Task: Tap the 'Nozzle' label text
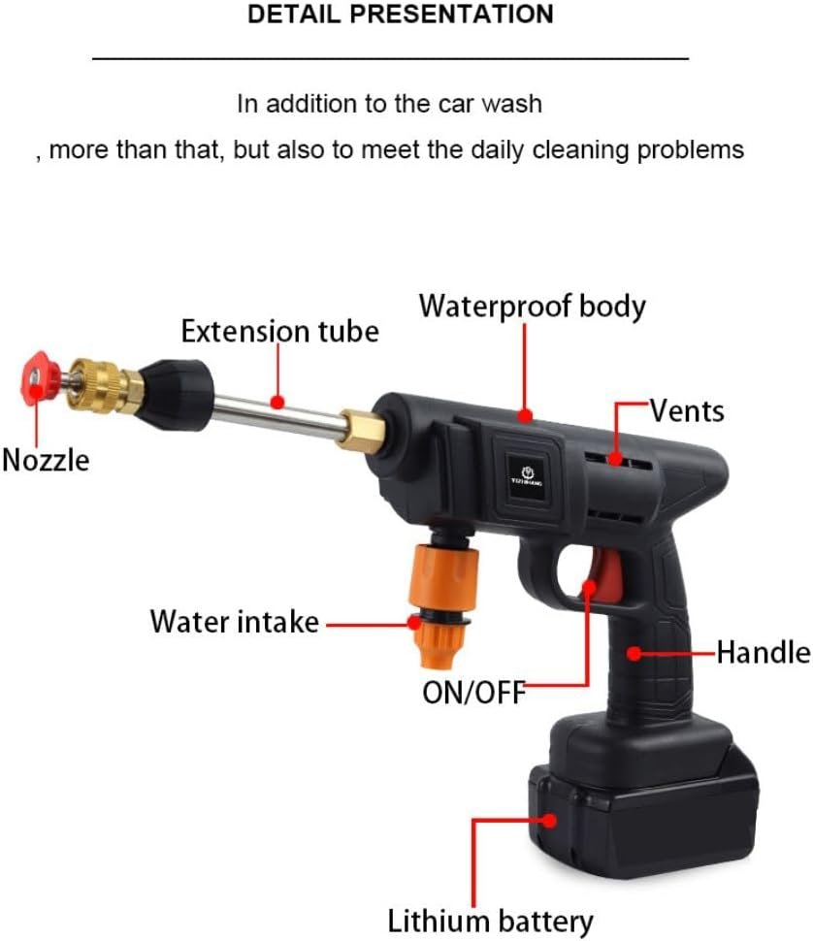tap(46, 461)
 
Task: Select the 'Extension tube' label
tap(280, 331)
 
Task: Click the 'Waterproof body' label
tap(533, 307)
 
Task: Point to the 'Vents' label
tap(687, 411)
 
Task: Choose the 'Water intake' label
tap(234, 622)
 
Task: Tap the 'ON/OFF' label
tap(474, 693)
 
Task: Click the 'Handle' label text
tap(764, 652)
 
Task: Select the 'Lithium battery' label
tap(490, 921)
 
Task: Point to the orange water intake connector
tap(442, 602)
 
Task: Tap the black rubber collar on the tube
tap(176, 394)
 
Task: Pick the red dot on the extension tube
tap(277, 402)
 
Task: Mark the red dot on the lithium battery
tap(549, 821)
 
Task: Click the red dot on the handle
tap(634, 653)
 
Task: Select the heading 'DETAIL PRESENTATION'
tap(401, 14)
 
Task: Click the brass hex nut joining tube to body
tap(362, 431)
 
